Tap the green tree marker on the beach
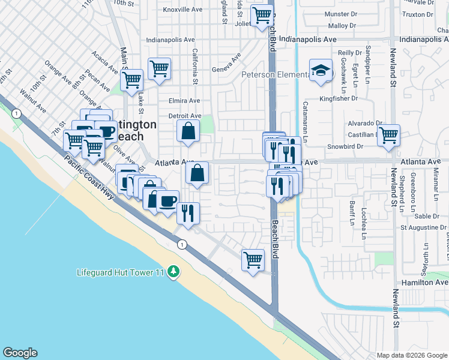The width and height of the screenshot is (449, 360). point(173,272)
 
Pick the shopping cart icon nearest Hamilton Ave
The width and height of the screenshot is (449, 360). point(253,260)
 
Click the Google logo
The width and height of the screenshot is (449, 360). point(20,353)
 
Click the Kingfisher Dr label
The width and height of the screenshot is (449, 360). point(339,98)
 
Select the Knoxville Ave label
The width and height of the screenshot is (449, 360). point(183,10)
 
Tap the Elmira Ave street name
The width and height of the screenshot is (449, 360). point(184,101)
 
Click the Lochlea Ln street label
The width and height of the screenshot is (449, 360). point(364,223)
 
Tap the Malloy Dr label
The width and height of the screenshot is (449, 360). point(342,26)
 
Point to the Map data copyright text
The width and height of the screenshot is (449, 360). point(411,355)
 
